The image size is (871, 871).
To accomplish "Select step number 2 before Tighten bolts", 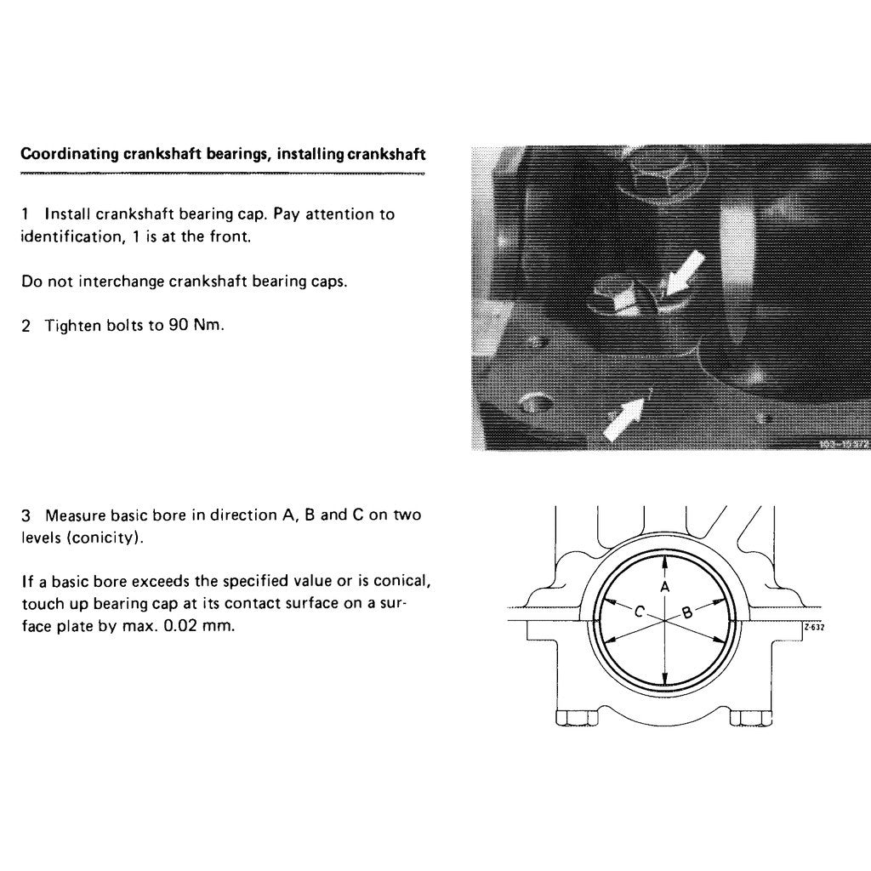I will pyautogui.click(x=26, y=326).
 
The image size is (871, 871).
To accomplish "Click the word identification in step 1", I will pyautogui.click(x=65, y=236).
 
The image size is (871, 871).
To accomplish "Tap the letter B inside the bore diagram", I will pyautogui.click(x=686, y=611).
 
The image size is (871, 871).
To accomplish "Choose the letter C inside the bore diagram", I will pyautogui.click(x=640, y=611).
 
